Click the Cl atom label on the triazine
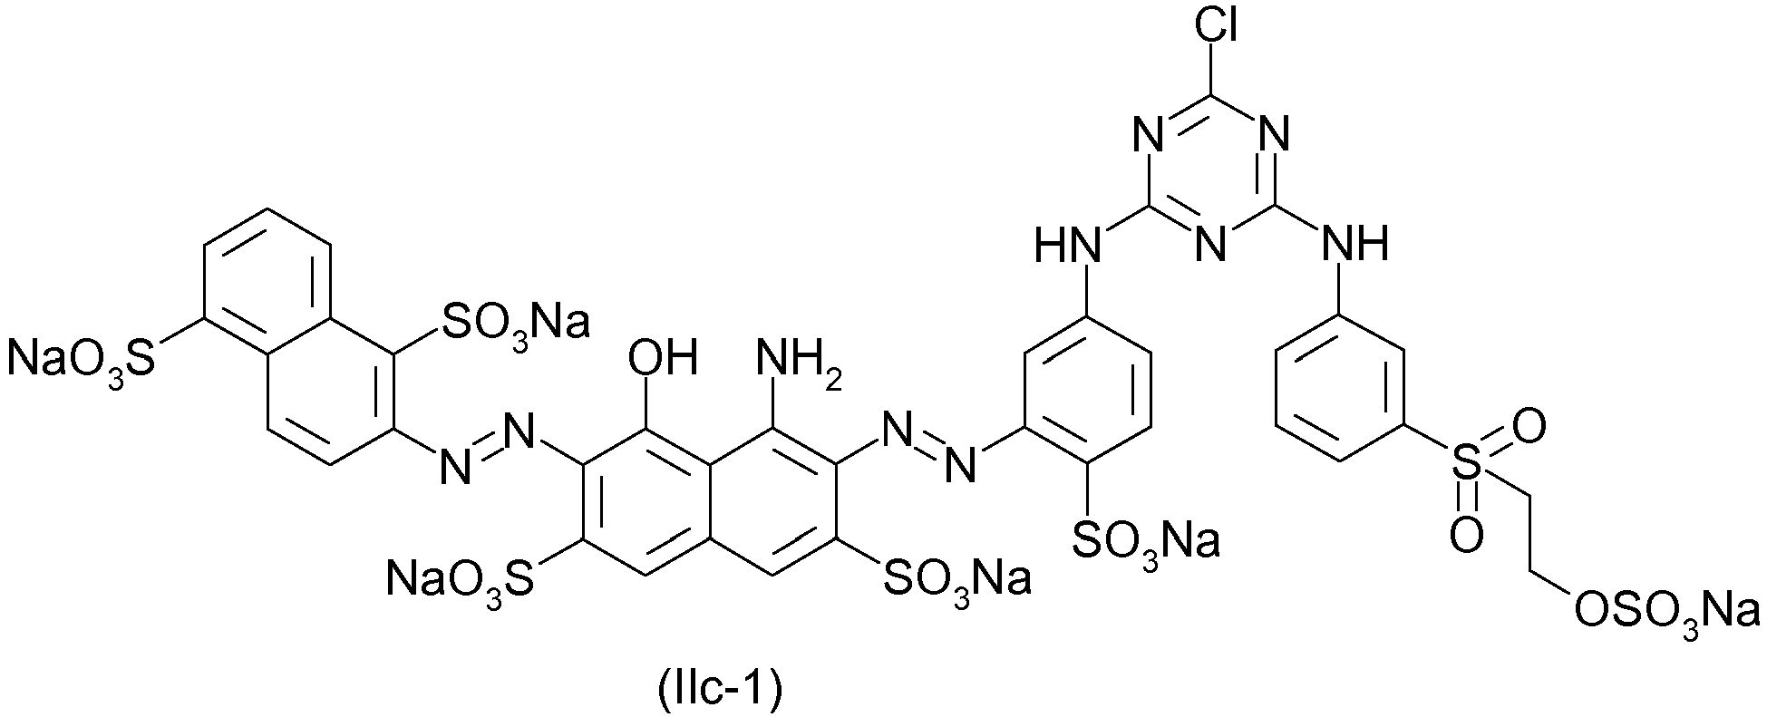click(1216, 28)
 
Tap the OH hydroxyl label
click(665, 359)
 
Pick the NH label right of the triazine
click(1355, 243)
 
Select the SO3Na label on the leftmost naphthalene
click(515, 322)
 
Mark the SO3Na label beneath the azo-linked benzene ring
click(1145, 542)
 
